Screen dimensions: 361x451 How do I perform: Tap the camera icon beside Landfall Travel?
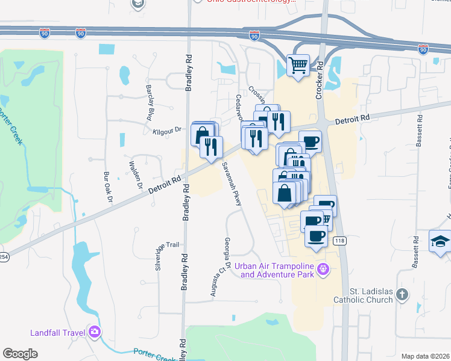(94, 332)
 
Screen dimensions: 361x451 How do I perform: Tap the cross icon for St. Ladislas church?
(402, 294)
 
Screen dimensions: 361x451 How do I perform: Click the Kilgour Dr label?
(167, 129)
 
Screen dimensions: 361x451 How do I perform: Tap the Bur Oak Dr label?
(108, 187)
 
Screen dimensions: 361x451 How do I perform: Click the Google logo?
(20, 354)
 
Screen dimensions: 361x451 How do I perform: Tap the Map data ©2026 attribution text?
(425, 356)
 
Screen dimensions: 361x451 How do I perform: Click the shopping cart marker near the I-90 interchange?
(298, 64)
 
